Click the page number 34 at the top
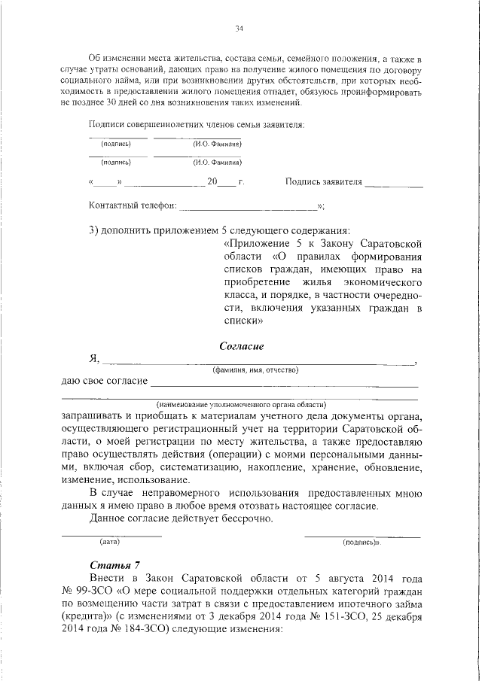tap(239, 29)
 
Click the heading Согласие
tap(242, 347)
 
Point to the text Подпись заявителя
tap(325, 182)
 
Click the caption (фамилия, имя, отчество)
tap(255, 369)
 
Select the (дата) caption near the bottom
tap(110, 542)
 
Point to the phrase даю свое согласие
tap(104, 382)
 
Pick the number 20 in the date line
tap(214, 182)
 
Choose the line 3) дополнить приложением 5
tap(219, 230)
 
